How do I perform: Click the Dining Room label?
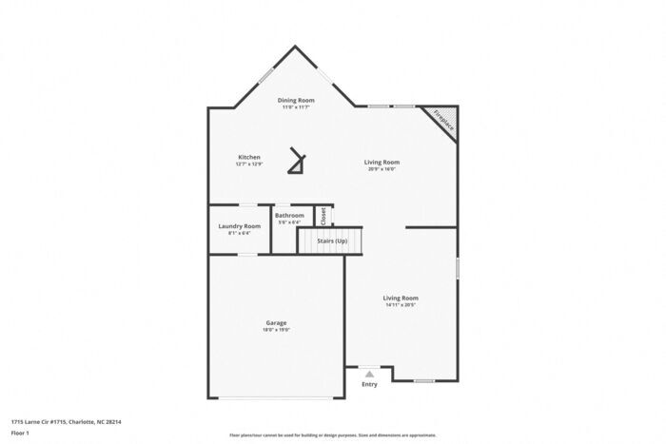[x=296, y=100]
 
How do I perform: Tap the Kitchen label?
[x=248, y=157]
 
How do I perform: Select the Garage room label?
[x=276, y=322]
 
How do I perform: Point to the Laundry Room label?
[x=239, y=226]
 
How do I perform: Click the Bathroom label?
[x=290, y=216]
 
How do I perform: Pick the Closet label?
[x=323, y=216]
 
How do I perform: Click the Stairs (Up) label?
[x=331, y=241]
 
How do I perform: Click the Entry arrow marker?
[x=369, y=375]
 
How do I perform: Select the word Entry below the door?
[x=369, y=384]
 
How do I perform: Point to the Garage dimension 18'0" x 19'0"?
[x=276, y=330]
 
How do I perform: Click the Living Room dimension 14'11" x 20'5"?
[x=401, y=305]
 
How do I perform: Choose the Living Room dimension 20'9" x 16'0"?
[x=382, y=169]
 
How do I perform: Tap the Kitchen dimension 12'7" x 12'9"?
[x=248, y=164]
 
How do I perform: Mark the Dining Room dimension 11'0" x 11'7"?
[x=296, y=107]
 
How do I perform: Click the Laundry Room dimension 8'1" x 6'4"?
[x=239, y=233]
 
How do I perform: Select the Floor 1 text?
[x=20, y=433]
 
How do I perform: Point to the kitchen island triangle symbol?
[x=300, y=164]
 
